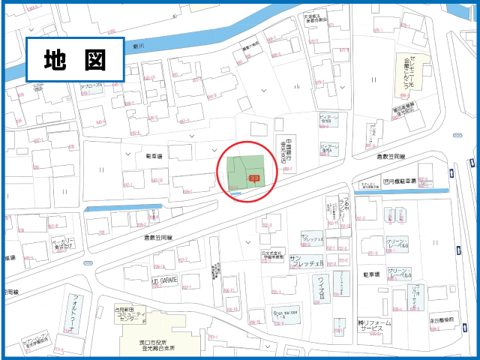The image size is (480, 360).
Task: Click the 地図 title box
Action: (x=74, y=58)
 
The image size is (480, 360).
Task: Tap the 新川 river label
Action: (x=137, y=46)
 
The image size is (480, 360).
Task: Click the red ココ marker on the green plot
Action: (x=254, y=178)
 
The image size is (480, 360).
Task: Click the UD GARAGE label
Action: (x=164, y=280)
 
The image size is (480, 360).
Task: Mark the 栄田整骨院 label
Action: (x=442, y=319)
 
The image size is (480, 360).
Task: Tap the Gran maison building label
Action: (x=286, y=316)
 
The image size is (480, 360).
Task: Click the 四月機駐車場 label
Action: (x=397, y=181)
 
